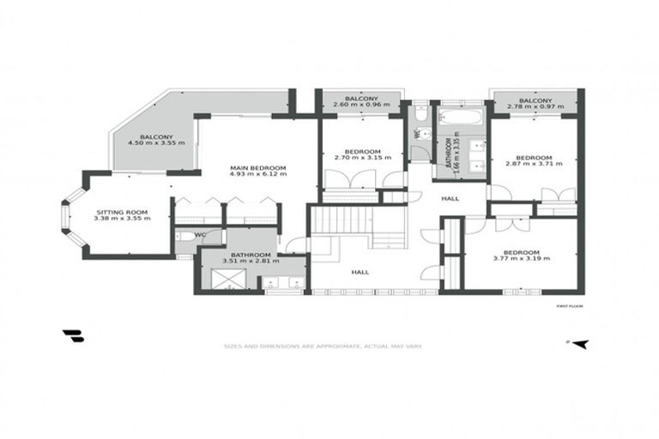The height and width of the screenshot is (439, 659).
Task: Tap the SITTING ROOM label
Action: [122, 211]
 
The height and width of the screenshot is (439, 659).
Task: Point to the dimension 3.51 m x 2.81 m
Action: [246, 261]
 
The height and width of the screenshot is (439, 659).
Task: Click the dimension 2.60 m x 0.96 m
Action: [361, 105]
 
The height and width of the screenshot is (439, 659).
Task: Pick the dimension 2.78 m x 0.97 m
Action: [535, 106]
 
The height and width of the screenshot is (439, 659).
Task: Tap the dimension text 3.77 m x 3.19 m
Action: [521, 258]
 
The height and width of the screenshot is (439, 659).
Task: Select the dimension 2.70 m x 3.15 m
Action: [362, 158]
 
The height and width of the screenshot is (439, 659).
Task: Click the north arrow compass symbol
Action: [581, 344]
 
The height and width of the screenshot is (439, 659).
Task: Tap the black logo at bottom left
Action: [73, 336]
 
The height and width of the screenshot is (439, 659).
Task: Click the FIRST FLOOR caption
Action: [570, 304]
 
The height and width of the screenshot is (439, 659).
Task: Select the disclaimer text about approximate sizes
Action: [322, 346]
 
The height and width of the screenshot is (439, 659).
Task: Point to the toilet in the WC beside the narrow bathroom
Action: [420, 114]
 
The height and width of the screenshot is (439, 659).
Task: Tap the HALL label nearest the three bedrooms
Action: [450, 199]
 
